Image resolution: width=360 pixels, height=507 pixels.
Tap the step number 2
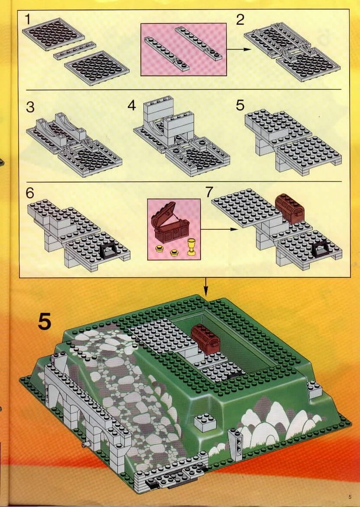pyautogui.click(x=240, y=20)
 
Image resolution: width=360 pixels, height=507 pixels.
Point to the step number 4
pyautogui.click(x=132, y=105)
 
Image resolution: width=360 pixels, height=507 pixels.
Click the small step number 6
pyautogui.click(x=30, y=193)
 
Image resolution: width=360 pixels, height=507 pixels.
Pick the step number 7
pyautogui.click(x=209, y=192)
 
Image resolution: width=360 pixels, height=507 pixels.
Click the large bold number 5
pyautogui.click(x=45, y=321)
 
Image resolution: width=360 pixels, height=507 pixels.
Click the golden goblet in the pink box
pyautogui.click(x=192, y=247)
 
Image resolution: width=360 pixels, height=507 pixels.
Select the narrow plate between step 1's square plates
pyautogui.click(x=75, y=50)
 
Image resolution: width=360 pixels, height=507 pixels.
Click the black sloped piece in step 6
pyautogui.click(x=109, y=251)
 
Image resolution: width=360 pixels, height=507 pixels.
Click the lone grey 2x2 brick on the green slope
pyautogui.click(x=205, y=422)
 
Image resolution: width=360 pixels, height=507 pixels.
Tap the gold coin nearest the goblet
pyautogui.click(x=175, y=253)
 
